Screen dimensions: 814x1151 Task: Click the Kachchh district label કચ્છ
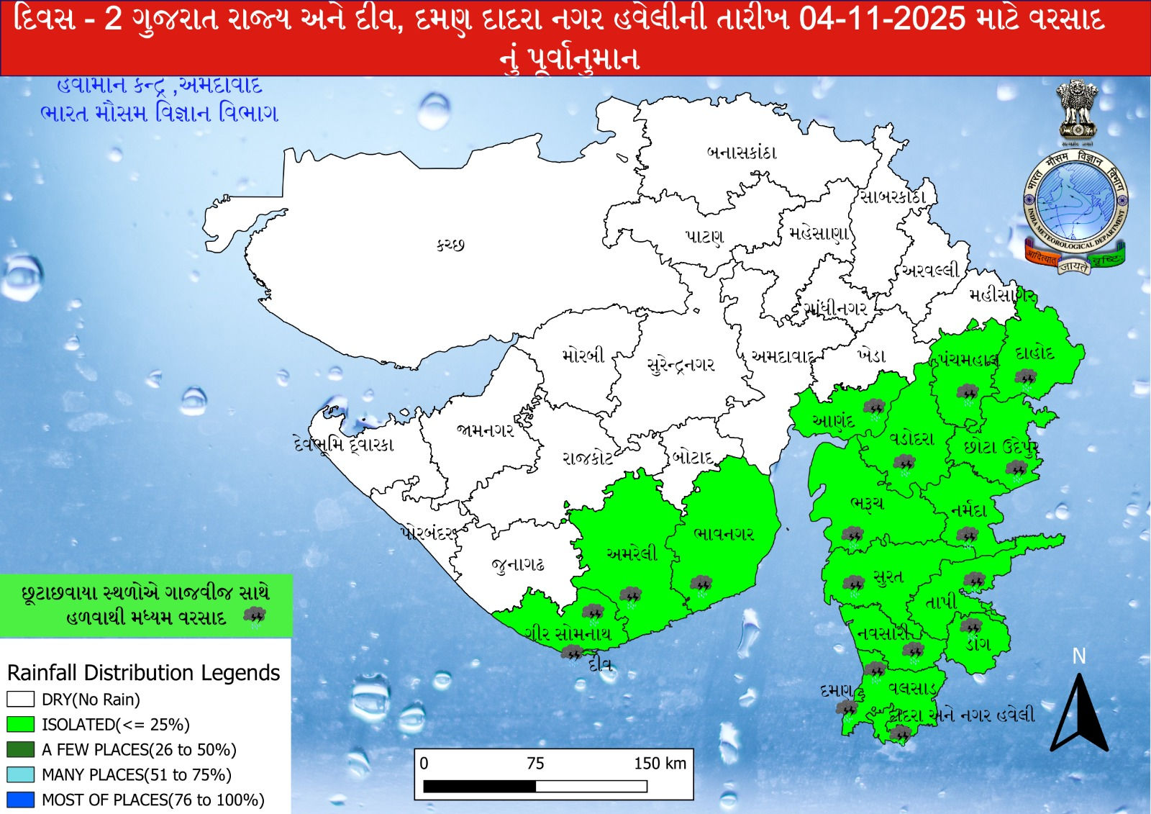point(450,245)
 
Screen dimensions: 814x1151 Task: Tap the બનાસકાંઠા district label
point(741,153)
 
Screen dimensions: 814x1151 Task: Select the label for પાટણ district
point(704,237)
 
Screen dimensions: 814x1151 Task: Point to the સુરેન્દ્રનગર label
point(681,365)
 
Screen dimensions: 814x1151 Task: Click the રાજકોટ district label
point(587,458)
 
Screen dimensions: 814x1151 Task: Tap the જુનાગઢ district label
point(518,565)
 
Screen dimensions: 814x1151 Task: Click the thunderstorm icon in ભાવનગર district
point(700,584)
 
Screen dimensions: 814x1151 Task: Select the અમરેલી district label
point(632,554)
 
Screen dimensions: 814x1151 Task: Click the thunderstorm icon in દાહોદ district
point(1025,379)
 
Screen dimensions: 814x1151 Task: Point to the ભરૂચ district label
point(866,503)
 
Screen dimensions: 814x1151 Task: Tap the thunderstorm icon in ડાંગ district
point(971,627)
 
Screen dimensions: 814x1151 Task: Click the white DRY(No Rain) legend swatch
point(20,699)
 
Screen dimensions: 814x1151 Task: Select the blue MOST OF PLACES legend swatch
point(20,800)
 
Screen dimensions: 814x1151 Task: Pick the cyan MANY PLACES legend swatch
point(20,774)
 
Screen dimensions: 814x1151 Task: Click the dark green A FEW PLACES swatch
point(20,749)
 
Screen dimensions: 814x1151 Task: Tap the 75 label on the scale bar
point(535,764)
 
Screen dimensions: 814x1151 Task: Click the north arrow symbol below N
point(1078,713)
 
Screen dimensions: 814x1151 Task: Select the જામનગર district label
point(485,430)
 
